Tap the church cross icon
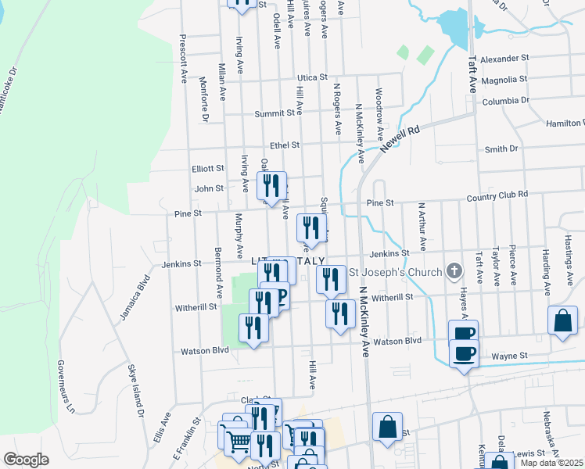click(453, 273)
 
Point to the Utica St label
click(311, 77)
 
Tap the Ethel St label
click(285, 145)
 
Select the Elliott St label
click(208, 168)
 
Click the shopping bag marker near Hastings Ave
click(562, 320)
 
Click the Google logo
click(26, 460)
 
